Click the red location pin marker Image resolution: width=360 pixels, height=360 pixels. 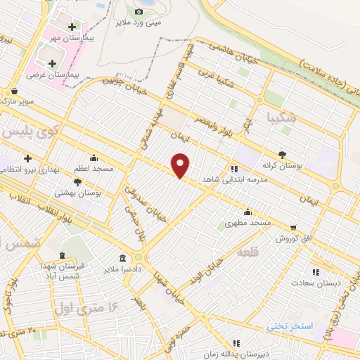tap(181, 165)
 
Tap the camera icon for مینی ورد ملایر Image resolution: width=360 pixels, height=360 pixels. tap(139, 11)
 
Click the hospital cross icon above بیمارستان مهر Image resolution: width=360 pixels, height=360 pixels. tap(72, 27)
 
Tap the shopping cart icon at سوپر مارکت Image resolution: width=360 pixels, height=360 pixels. tap(14, 91)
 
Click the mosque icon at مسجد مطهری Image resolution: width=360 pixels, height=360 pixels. tap(247, 212)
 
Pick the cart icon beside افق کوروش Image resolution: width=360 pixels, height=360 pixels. tap(293, 226)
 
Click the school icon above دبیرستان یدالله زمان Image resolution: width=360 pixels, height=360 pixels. tap(236, 342)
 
